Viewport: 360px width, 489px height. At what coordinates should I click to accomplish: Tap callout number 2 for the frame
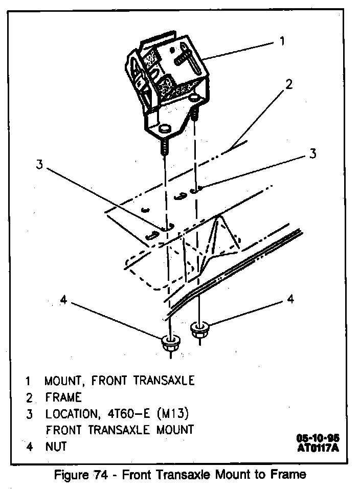[x=289, y=84]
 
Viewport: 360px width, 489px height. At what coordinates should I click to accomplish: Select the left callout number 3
[x=39, y=165]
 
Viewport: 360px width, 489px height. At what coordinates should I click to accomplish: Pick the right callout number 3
[x=312, y=153]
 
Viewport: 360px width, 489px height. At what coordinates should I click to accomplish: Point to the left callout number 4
[x=63, y=300]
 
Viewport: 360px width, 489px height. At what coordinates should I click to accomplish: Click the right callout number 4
[x=290, y=299]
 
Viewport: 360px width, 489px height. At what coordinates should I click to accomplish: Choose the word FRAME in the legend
[x=63, y=397]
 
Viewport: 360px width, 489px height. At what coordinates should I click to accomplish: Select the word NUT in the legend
[x=56, y=446]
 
